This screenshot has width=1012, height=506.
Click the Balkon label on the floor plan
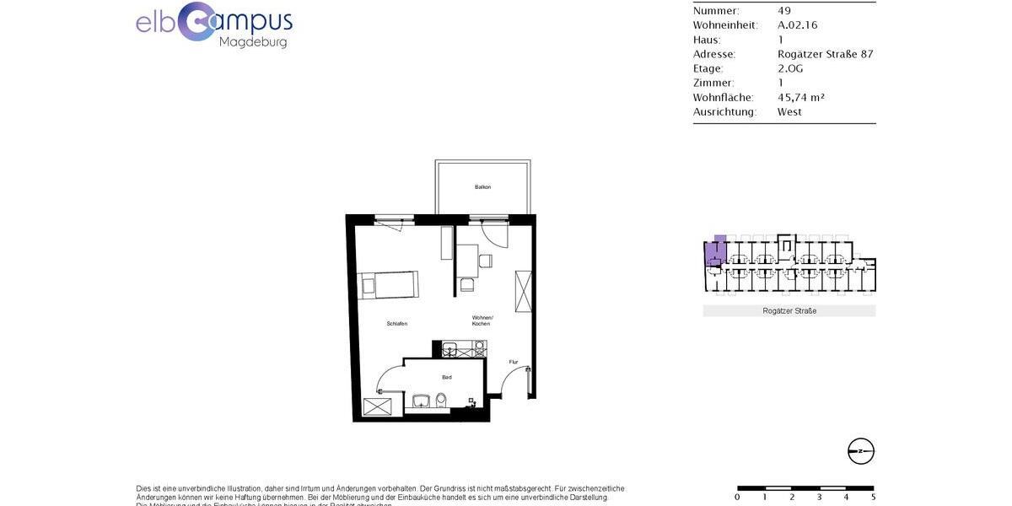click(x=482, y=186)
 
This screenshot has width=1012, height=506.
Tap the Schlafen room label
click(x=397, y=324)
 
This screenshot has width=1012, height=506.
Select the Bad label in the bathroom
click(x=447, y=378)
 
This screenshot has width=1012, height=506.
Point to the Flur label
click(x=514, y=363)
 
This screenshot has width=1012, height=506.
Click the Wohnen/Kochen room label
click(x=482, y=320)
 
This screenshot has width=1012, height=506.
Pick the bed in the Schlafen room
click(x=389, y=285)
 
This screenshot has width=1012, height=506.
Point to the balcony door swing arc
click(x=492, y=234)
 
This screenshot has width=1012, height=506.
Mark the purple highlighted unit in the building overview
click(x=717, y=250)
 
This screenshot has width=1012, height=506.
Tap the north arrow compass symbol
click(x=861, y=451)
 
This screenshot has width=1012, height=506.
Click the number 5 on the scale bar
click(x=872, y=497)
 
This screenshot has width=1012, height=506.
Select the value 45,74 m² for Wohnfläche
click(x=800, y=97)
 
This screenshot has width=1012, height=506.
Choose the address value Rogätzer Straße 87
click(x=825, y=54)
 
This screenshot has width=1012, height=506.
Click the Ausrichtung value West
click(x=789, y=111)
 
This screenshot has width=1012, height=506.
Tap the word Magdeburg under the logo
click(x=252, y=41)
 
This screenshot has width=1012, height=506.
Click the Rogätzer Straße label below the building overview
click(x=789, y=311)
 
